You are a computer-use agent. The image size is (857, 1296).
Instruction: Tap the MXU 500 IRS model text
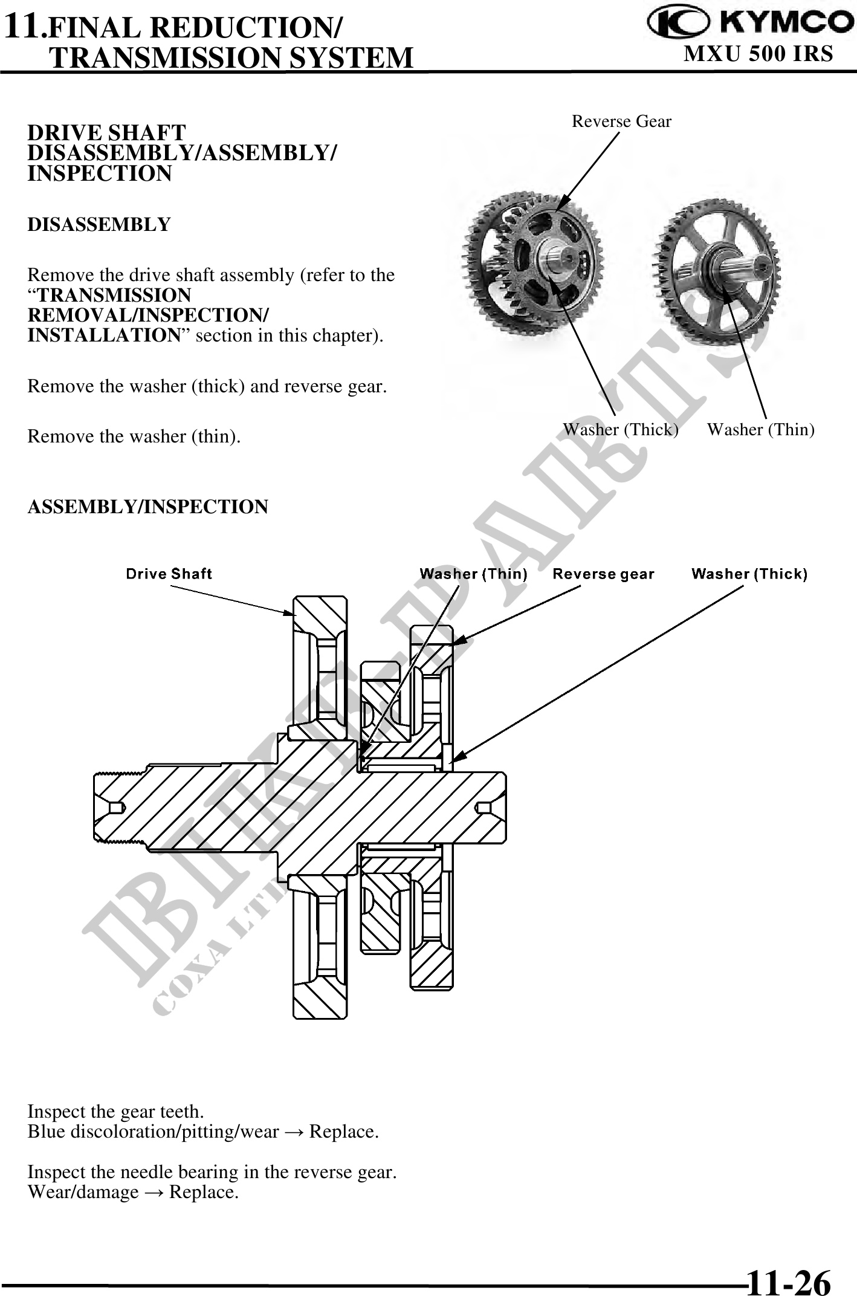(x=758, y=54)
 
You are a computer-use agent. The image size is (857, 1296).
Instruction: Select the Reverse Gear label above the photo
(x=621, y=121)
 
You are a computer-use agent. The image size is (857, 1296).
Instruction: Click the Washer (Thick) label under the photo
(x=621, y=430)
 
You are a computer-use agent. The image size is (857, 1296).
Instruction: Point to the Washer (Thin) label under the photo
(x=760, y=430)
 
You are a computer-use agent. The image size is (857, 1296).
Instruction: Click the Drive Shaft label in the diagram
(x=169, y=574)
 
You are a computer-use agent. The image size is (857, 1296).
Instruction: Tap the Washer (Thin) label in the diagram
(x=473, y=574)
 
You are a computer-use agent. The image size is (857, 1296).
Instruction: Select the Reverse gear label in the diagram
(x=603, y=574)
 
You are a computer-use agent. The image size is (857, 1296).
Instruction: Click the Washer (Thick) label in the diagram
(x=749, y=574)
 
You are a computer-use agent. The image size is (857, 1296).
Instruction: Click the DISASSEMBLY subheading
(x=99, y=225)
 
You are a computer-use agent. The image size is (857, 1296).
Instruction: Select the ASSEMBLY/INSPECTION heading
(x=147, y=507)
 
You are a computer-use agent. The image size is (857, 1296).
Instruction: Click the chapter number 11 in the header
(x=23, y=28)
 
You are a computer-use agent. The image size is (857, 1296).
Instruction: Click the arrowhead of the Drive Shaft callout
(x=291, y=613)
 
